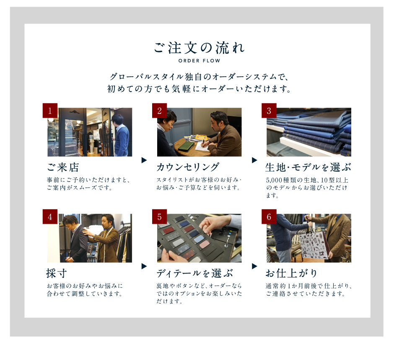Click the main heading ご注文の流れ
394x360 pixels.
pyautogui.click(x=199, y=48)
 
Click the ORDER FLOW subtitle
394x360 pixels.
pyautogui.click(x=199, y=61)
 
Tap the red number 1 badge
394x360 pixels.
pyautogui.click(x=50, y=111)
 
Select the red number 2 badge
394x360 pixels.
pyautogui.click(x=160, y=111)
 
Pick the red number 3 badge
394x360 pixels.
pyautogui.click(x=269, y=111)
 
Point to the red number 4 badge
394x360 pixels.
pyautogui.click(x=50, y=217)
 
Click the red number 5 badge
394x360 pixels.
pyautogui.click(x=160, y=217)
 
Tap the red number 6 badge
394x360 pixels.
pyautogui.click(x=269, y=217)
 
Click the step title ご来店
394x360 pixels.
pyautogui.click(x=63, y=167)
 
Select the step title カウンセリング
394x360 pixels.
pyautogui.click(x=188, y=167)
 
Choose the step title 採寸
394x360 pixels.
pyautogui.click(x=57, y=273)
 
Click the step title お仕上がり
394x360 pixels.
pyautogui.click(x=291, y=273)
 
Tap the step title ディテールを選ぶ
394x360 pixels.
pyautogui.click(x=195, y=273)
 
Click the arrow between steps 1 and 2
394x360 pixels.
pyautogui.click(x=144, y=160)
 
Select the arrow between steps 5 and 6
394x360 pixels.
pyautogui.click(x=254, y=266)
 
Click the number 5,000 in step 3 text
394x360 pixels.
pyautogui.click(x=274, y=180)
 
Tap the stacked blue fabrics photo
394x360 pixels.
pyautogui.click(x=309, y=132)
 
